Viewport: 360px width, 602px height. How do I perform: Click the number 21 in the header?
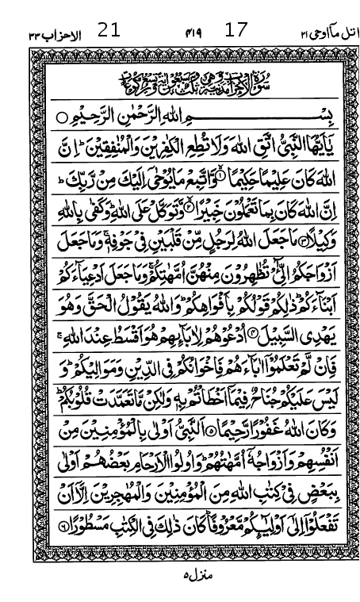coord(109,32)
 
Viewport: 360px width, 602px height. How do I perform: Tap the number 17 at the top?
coord(236,31)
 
